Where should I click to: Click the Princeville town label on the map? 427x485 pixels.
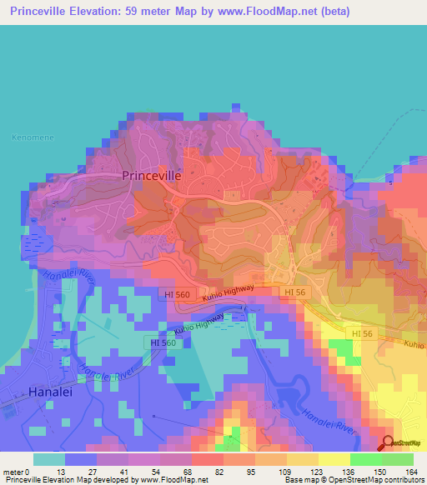(x=151, y=176)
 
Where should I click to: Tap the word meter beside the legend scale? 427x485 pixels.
(x=14, y=471)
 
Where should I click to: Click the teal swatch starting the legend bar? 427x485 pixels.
(x=49, y=459)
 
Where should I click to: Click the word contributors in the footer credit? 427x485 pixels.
(x=401, y=480)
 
